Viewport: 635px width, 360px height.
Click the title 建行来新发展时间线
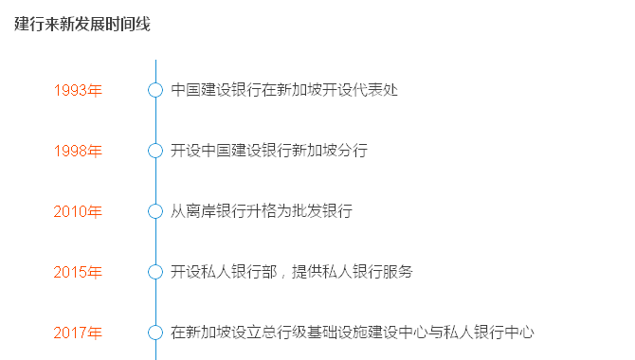pyautogui.click(x=82, y=25)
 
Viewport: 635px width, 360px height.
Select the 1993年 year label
pyautogui.click(x=78, y=90)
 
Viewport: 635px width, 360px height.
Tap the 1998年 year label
pyautogui.click(x=78, y=151)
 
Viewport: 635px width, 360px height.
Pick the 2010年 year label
pyautogui.click(x=78, y=211)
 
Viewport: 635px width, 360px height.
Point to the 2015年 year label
pyautogui.click(x=78, y=272)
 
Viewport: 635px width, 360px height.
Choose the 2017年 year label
pyautogui.click(x=78, y=333)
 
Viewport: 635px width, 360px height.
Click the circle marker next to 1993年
pyautogui.click(x=155, y=90)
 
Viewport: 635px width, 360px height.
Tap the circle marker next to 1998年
pyautogui.click(x=155, y=151)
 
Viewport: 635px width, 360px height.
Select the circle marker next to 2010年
pyautogui.click(x=155, y=211)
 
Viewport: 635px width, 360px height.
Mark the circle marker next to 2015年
pyautogui.click(x=155, y=272)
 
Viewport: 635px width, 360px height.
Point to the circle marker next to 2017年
pyautogui.click(x=155, y=333)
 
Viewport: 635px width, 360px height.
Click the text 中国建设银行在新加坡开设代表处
pyautogui.click(x=284, y=90)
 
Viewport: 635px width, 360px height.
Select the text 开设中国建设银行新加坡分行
pyautogui.click(x=269, y=151)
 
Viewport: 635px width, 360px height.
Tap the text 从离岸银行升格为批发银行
pyautogui.click(x=262, y=211)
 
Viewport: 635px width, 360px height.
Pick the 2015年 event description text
pyautogui.click(x=292, y=272)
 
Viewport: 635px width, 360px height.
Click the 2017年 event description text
pyautogui.click(x=353, y=333)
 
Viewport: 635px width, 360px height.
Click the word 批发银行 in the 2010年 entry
pyautogui.click(x=322, y=211)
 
